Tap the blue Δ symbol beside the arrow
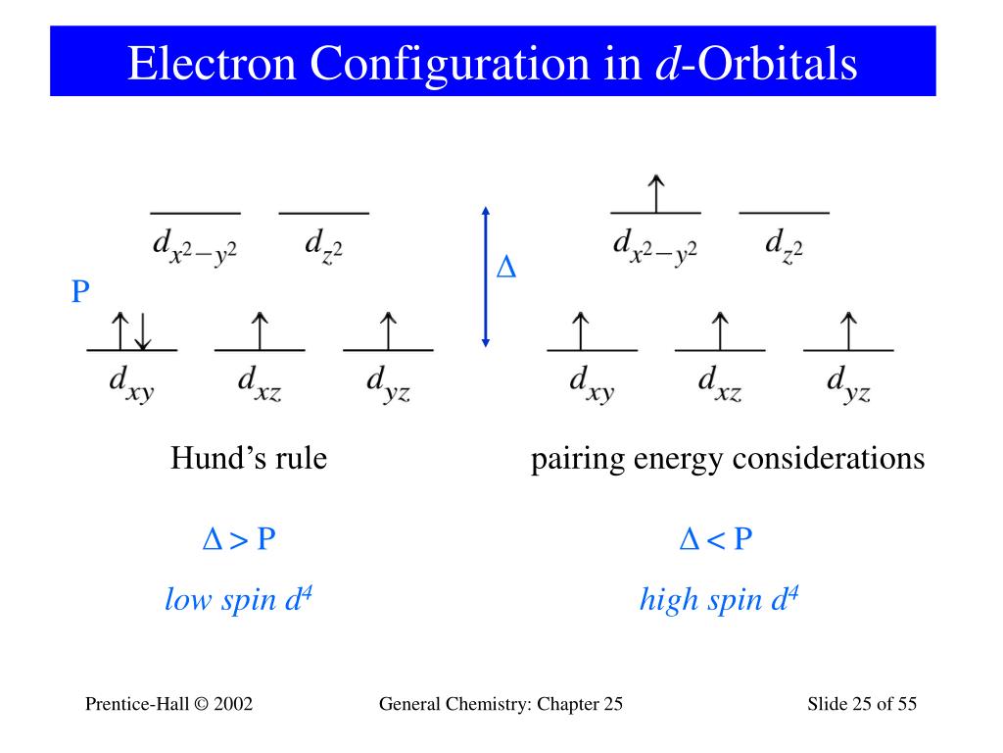coord(506,269)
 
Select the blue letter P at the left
coord(80,291)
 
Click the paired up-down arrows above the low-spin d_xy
coord(131,330)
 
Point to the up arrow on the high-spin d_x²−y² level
coord(655,192)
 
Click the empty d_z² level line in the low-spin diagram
coord(323,213)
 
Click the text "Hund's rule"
coord(249,458)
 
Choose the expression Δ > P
coord(239,539)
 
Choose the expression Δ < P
coord(716,539)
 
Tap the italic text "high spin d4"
coord(719,598)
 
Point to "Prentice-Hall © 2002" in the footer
coord(169,704)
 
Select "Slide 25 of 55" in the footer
coord(862,704)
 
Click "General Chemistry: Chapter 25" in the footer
coord(500,704)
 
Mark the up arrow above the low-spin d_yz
coord(388,330)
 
